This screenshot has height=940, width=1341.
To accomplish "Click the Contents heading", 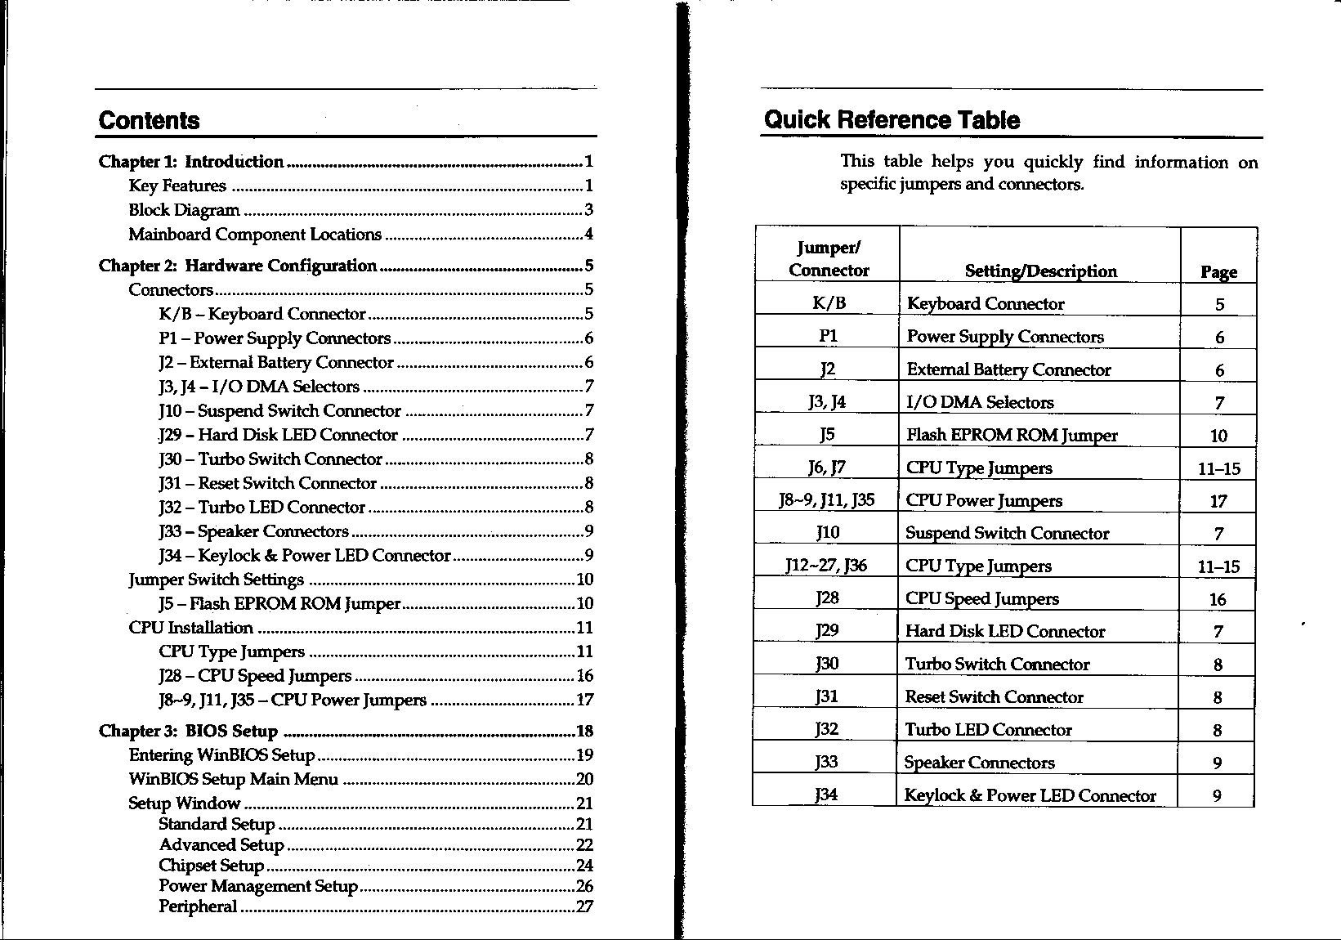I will click(149, 121).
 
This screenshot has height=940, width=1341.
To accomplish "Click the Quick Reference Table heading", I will click(892, 120).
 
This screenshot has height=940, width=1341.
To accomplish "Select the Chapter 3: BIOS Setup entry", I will click(188, 731).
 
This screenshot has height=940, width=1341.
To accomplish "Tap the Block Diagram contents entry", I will click(184, 210).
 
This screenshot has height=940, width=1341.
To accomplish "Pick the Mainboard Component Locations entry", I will click(255, 235).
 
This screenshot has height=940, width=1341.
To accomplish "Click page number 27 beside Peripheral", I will click(584, 906).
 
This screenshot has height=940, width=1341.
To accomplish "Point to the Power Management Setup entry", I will click(258, 886).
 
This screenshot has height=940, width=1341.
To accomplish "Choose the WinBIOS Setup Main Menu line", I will click(233, 779).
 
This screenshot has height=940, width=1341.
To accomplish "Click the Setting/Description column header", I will click(1040, 271).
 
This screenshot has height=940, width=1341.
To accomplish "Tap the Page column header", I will click(1218, 272).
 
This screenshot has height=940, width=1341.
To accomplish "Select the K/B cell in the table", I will click(829, 304).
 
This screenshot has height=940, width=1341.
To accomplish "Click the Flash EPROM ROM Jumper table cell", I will click(1012, 436).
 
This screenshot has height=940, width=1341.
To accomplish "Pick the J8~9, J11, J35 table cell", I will click(827, 500).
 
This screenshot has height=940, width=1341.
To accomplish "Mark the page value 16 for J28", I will click(1218, 599).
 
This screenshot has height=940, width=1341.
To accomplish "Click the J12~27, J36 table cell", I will click(826, 566).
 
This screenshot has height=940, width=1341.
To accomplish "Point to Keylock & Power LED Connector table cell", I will click(1030, 795).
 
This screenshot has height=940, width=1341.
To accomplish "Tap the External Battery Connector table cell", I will click(1008, 370).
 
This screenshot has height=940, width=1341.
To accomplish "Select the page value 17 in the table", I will click(1218, 501).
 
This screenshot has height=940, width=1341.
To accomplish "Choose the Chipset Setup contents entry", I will click(211, 866).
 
